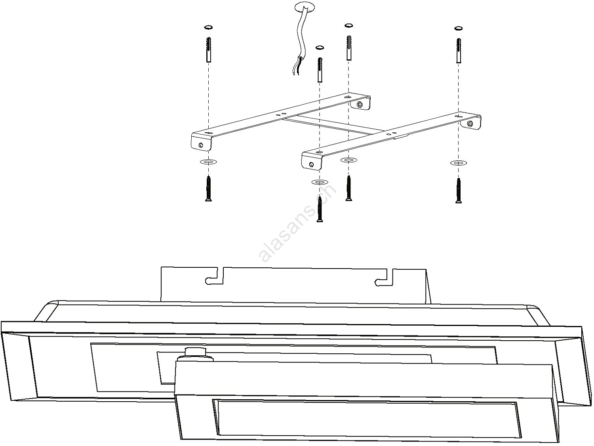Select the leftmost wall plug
click(208, 50)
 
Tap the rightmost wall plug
click(459, 51)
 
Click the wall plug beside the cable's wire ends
click(320, 70)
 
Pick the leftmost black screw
click(208, 189)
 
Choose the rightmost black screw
click(459, 190)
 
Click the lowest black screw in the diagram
click(320, 209)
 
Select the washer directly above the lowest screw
click(320, 182)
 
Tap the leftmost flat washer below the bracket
click(208, 162)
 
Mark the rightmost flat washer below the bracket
click(459, 163)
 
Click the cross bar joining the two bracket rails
click(333, 124)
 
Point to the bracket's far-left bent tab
click(201, 143)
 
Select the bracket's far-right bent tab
click(470, 123)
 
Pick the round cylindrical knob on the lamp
click(195, 355)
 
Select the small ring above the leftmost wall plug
click(208, 27)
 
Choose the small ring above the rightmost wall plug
click(459, 28)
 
